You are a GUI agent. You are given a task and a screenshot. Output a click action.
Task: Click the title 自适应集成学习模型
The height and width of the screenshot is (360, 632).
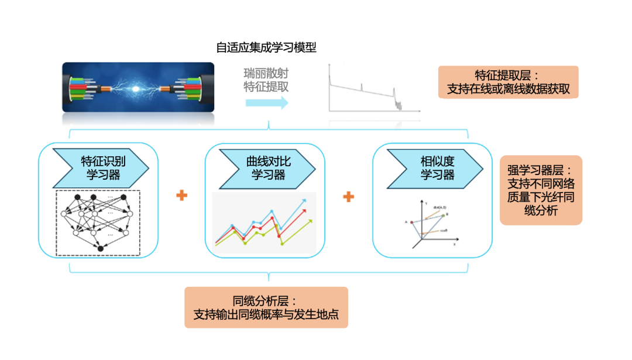click(266, 47)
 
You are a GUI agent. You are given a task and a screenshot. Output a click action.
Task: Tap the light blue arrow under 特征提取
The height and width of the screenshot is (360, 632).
click(267, 103)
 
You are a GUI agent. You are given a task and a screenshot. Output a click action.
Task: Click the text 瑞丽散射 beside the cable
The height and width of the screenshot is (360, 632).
click(266, 74)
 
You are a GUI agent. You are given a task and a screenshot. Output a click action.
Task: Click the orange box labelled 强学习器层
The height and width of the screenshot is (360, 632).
click(541, 190)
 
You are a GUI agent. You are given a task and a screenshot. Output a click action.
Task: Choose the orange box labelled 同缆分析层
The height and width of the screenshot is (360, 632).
click(266, 307)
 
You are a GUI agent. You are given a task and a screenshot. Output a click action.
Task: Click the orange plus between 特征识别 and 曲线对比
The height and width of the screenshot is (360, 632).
click(181, 196)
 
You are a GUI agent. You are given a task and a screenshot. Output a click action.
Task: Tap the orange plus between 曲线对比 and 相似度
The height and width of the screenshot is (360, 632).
click(349, 196)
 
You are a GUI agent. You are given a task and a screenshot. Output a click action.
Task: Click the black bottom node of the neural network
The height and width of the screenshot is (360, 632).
click(100, 249)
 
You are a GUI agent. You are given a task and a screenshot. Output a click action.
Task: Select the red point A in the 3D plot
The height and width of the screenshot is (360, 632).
click(412, 222)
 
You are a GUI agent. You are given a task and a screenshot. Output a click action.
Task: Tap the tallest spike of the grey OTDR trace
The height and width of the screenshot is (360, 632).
click(329, 67)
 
